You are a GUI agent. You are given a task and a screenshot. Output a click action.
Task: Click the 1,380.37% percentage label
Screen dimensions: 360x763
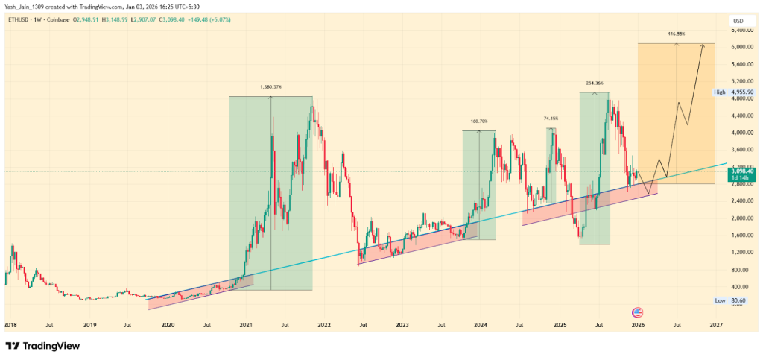(270, 87)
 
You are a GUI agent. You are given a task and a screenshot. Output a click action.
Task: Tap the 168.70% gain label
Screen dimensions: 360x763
(479, 121)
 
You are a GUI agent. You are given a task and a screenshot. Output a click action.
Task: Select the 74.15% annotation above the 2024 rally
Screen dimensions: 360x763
(551, 119)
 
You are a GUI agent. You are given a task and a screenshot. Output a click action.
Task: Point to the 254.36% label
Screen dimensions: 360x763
(595, 83)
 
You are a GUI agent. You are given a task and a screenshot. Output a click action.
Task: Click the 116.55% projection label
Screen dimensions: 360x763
(676, 34)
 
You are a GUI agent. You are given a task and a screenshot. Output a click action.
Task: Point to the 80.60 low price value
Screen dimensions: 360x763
(739, 300)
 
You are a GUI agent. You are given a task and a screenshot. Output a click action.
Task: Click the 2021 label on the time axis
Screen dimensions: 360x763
(245, 326)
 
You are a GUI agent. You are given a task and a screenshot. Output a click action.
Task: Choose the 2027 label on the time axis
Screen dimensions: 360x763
(716, 326)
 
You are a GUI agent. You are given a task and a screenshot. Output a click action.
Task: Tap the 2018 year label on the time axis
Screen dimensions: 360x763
(10, 326)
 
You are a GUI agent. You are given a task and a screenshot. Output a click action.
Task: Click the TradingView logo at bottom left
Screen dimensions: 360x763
(42, 346)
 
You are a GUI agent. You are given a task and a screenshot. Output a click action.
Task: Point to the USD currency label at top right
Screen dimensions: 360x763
(738, 20)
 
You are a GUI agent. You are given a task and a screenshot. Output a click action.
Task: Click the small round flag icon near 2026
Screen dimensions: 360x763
(637, 312)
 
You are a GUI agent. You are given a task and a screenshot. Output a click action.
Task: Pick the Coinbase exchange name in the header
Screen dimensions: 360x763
(62, 20)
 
